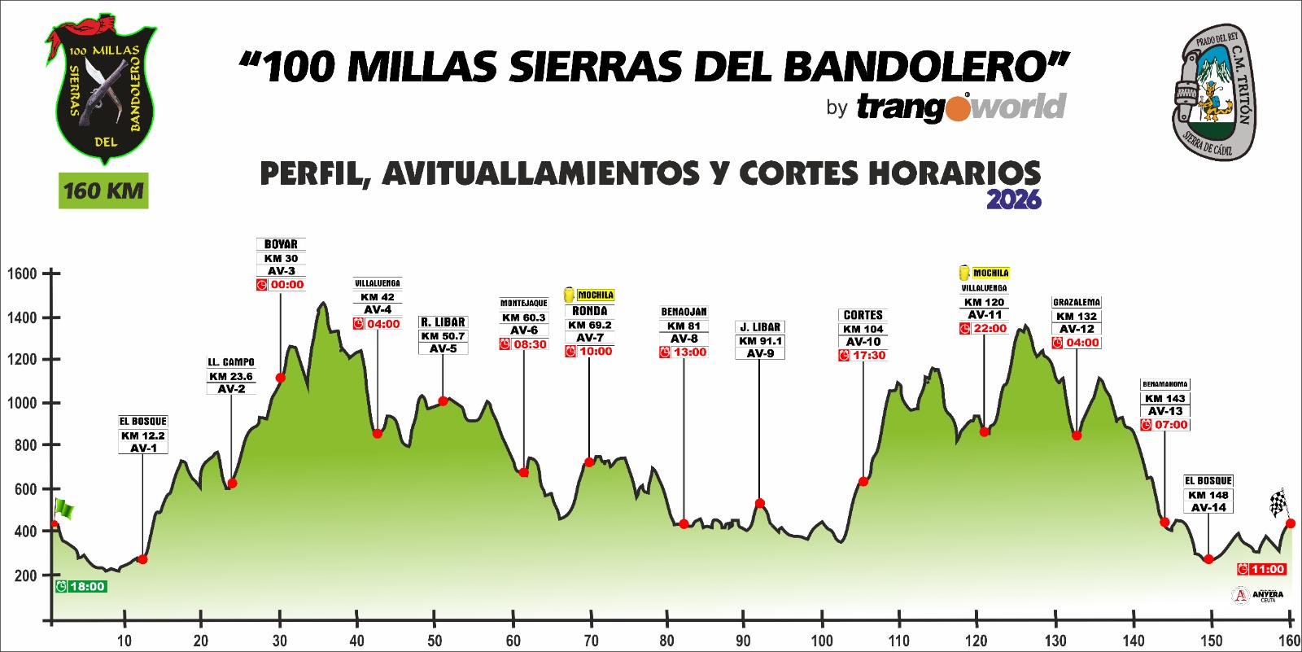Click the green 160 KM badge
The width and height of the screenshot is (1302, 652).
pyautogui.click(x=103, y=191)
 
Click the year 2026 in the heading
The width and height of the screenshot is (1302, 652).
pyautogui.click(x=1013, y=199)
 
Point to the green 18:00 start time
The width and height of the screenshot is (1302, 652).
pyautogui.click(x=81, y=586)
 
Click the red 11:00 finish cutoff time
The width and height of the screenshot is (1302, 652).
pyautogui.click(x=1261, y=570)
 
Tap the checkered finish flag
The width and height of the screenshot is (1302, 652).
pyautogui.click(x=1278, y=503)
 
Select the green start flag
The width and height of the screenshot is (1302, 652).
pyautogui.click(x=64, y=510)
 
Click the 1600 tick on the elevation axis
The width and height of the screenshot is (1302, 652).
pyautogui.click(x=22, y=273)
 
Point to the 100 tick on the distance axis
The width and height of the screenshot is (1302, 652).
pyautogui.click(x=822, y=641)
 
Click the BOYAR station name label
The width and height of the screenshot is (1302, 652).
pyautogui.click(x=281, y=244)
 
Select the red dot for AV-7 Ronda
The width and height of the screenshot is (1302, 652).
pyautogui.click(x=589, y=462)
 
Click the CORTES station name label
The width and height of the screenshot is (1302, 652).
pyautogui.click(x=863, y=315)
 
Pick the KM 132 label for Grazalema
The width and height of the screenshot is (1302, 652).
pyautogui.click(x=1076, y=316)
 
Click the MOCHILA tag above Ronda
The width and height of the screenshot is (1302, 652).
pyautogui.click(x=595, y=295)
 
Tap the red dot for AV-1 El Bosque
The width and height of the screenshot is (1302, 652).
pyautogui.click(x=143, y=559)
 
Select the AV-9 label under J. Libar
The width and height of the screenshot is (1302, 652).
pyautogui.click(x=760, y=353)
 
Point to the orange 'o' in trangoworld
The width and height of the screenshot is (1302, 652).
pyautogui.click(x=959, y=107)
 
